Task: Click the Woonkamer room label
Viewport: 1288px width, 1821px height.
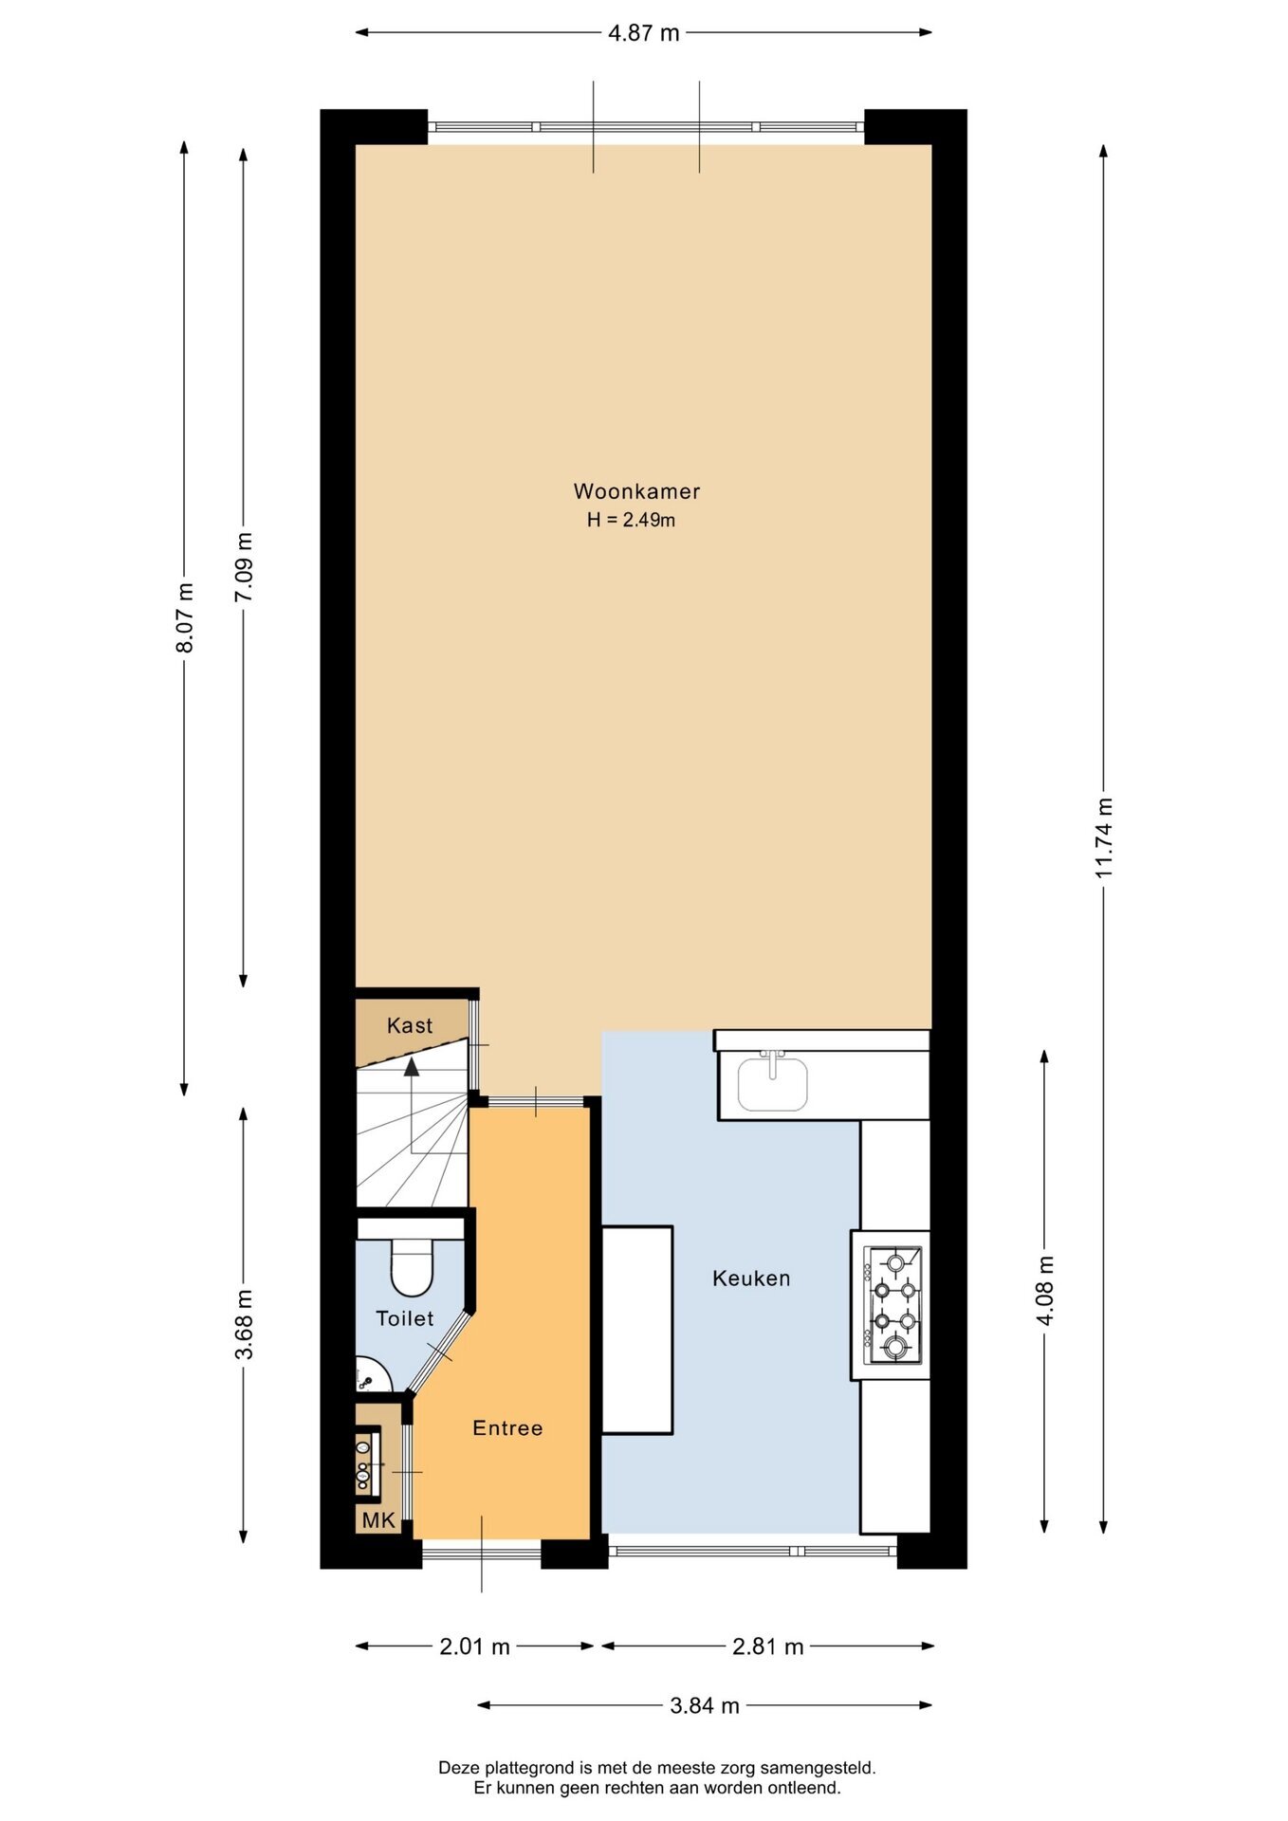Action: click(636, 491)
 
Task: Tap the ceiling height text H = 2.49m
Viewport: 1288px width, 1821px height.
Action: click(631, 520)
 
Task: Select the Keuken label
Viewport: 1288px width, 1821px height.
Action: click(751, 1278)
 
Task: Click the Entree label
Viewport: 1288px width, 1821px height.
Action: click(507, 1428)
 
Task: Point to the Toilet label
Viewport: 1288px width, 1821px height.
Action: click(405, 1318)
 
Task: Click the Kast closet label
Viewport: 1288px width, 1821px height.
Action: click(410, 1025)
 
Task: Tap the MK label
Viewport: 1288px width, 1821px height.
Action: click(378, 1521)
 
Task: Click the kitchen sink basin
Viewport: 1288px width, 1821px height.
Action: click(773, 1084)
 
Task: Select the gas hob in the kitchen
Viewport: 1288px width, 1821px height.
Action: click(892, 1305)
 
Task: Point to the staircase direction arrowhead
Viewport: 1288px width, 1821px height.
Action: click(412, 1067)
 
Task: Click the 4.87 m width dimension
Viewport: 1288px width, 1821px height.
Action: click(644, 33)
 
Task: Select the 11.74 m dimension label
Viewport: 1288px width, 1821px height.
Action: click(1104, 837)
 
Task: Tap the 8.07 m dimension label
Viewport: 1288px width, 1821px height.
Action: click(185, 617)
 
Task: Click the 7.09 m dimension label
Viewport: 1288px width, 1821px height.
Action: click(244, 566)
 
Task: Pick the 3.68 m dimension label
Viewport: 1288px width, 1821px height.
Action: click(244, 1325)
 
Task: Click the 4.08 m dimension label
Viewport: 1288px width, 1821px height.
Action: click(1045, 1292)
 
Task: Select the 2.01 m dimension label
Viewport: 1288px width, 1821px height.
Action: click(474, 1646)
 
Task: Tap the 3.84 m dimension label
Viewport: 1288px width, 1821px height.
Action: click(705, 1705)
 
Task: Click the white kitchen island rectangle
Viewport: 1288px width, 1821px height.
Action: click(637, 1330)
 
